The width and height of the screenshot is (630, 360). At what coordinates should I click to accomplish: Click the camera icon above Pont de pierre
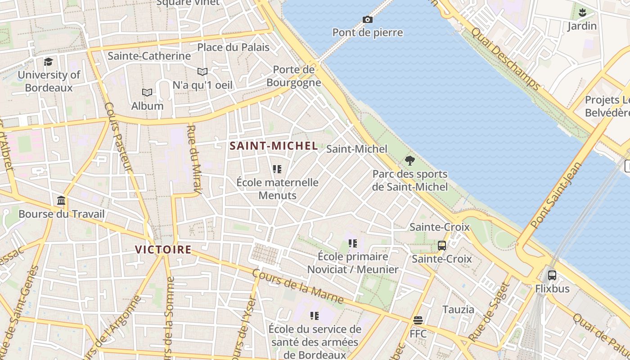[368, 19]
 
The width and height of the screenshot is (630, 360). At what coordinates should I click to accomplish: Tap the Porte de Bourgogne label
[294, 76]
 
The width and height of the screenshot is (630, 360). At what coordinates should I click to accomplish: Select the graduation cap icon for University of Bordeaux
[48, 62]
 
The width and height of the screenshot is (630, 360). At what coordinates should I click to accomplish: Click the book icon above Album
[147, 92]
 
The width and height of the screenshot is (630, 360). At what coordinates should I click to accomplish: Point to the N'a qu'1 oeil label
[202, 85]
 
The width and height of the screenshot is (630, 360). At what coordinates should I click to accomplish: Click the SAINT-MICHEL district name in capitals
[274, 146]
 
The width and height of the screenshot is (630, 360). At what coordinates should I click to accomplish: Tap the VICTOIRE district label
[163, 249]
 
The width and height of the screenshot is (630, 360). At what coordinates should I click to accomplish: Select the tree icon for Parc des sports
[409, 160]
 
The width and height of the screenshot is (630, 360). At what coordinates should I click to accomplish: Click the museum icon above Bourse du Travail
[61, 200]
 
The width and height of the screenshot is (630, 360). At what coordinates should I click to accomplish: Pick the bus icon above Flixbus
[552, 275]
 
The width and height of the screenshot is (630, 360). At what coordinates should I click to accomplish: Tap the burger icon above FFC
[418, 320]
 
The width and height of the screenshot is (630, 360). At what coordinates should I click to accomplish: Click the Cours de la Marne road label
[298, 286]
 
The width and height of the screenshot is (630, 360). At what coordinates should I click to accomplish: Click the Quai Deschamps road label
[505, 58]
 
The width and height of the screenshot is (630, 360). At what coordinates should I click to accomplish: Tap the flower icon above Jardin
[582, 12]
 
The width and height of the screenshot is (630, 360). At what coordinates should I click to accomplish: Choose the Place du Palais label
[233, 47]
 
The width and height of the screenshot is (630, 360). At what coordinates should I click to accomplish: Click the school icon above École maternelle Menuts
[277, 169]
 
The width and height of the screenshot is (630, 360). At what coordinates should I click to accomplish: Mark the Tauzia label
[458, 310]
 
